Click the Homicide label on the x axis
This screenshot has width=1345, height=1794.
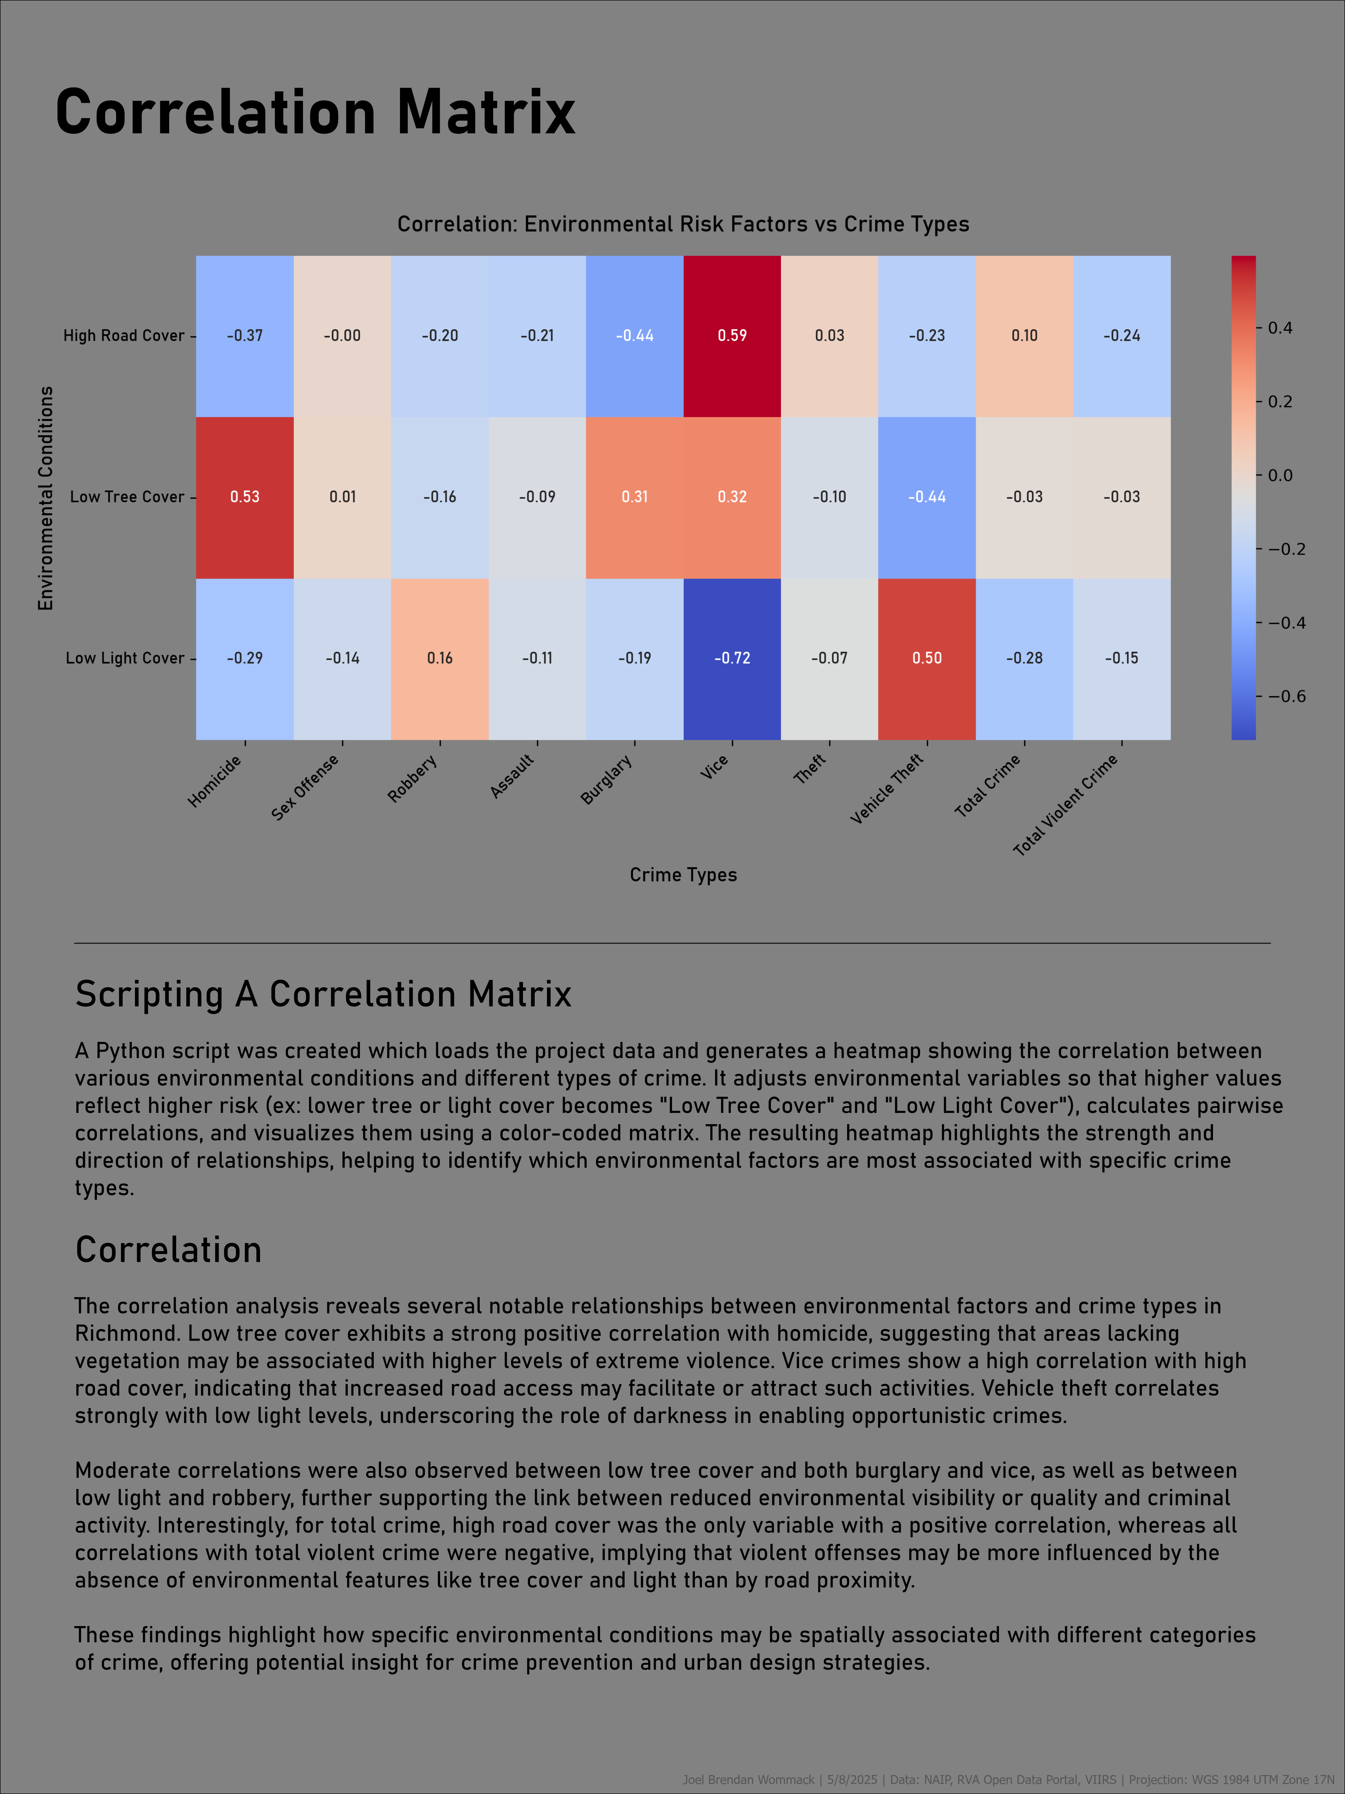coord(215,781)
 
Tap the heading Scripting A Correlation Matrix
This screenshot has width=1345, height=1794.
coord(324,994)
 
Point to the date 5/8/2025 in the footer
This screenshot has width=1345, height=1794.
coord(852,1779)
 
